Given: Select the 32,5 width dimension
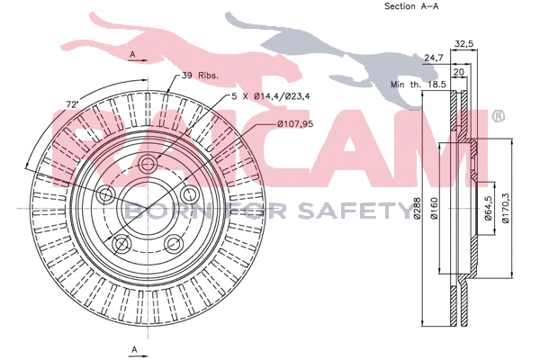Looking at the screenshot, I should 464,42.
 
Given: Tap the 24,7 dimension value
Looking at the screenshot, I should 434,58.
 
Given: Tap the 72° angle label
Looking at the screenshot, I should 70,106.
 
